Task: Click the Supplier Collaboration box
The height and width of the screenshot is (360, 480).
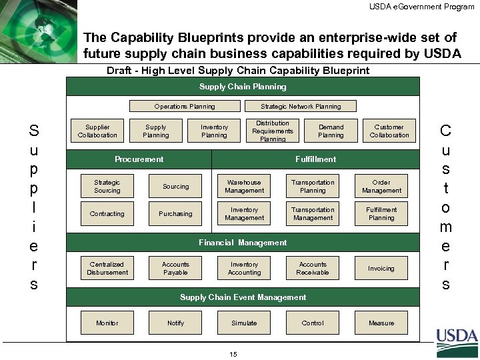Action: pyautogui.click(x=98, y=131)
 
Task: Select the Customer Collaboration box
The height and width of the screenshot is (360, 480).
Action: pyautogui.click(x=389, y=131)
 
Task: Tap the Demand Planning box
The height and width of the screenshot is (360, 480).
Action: pyautogui.click(x=331, y=131)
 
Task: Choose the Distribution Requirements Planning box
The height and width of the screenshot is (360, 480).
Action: pyautogui.click(x=273, y=131)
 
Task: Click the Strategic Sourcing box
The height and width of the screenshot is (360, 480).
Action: pyautogui.click(x=107, y=187)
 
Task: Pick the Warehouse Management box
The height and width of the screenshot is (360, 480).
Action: pyautogui.click(x=244, y=187)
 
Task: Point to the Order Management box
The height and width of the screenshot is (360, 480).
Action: pyautogui.click(x=381, y=187)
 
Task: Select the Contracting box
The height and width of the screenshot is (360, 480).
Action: pyautogui.click(x=107, y=214)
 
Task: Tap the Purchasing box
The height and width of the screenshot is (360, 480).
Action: pyautogui.click(x=175, y=214)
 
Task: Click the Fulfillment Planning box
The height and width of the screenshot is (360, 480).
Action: pyautogui.click(x=381, y=214)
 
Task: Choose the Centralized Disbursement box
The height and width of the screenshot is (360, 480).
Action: pyautogui.click(x=107, y=269)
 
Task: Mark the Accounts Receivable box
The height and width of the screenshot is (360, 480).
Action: pyautogui.click(x=313, y=269)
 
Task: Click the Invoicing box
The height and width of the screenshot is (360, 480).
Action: pyautogui.click(x=381, y=269)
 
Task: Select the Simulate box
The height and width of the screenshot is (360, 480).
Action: pyautogui.click(x=244, y=323)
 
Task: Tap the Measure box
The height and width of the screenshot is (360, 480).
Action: pyautogui.click(x=381, y=323)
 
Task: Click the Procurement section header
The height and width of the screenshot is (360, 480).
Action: pyautogui.click(x=139, y=159)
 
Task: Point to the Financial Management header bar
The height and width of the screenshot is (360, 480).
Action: pyautogui.click(x=243, y=243)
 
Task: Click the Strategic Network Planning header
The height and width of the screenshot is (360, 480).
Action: pyautogui.click(x=301, y=106)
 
